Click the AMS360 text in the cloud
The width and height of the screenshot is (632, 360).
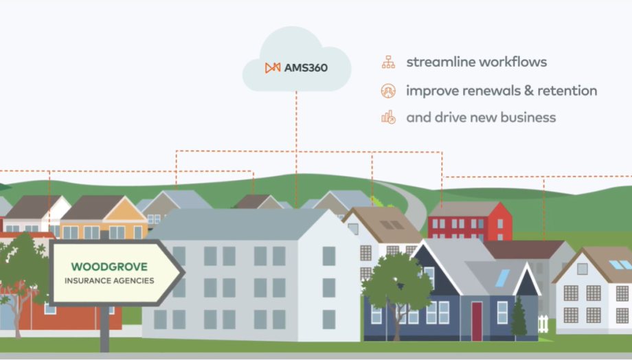pyautogui.click(x=306, y=68)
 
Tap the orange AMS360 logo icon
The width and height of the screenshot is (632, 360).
pyautogui.click(x=273, y=68)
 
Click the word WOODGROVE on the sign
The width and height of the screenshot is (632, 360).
pyautogui.click(x=109, y=266)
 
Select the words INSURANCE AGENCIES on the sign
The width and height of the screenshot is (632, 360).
pyautogui.click(x=109, y=280)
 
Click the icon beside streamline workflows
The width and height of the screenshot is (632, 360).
pyautogui.click(x=388, y=63)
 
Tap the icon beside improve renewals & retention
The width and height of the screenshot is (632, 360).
pyautogui.click(x=388, y=91)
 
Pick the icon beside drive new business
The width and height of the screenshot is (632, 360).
pyautogui.click(x=388, y=117)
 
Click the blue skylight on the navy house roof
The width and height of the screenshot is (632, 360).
pyautogui.click(x=502, y=278)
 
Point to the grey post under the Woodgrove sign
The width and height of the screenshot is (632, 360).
pyautogui.click(x=105, y=329)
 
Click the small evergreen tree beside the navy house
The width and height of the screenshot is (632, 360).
pyautogui.click(x=519, y=319)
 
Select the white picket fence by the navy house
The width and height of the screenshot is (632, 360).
pyautogui.click(x=543, y=323)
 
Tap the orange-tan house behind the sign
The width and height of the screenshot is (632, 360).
pyautogui.click(x=103, y=216)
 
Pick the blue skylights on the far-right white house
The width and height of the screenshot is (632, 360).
pyautogui.click(x=620, y=265)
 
